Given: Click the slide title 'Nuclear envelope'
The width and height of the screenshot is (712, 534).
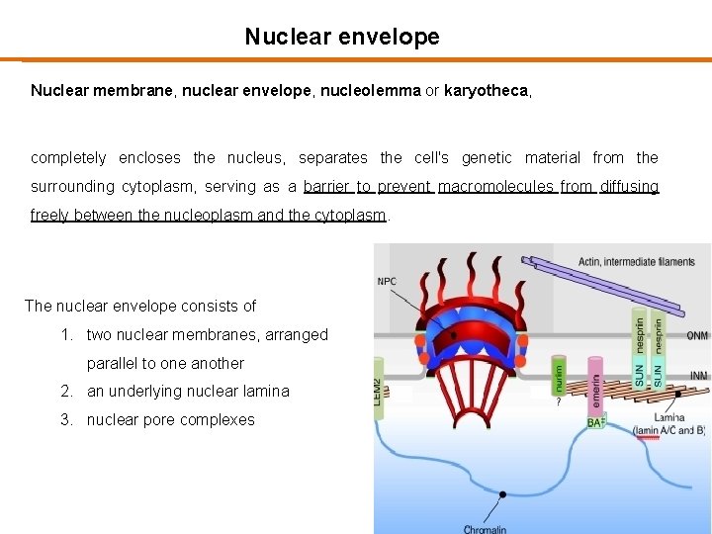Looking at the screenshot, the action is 342,38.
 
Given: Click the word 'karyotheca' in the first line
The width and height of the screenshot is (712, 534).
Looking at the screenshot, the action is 487,91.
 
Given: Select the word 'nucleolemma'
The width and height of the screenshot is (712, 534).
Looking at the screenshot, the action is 374,91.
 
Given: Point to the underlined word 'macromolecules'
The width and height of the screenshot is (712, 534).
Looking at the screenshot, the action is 494,187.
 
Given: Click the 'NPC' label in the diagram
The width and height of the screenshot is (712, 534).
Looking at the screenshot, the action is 387,282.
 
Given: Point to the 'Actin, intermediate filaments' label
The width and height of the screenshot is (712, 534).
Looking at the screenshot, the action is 637,262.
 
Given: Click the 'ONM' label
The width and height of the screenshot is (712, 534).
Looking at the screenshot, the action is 697,335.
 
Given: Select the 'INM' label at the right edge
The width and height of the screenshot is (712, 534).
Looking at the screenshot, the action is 697,375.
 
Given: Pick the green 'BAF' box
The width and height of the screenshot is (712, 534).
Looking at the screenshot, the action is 596,422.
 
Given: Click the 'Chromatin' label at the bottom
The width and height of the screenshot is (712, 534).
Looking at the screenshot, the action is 485,529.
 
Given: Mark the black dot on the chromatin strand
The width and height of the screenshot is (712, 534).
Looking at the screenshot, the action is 502,492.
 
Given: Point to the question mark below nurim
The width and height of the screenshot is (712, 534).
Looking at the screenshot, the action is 559,402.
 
